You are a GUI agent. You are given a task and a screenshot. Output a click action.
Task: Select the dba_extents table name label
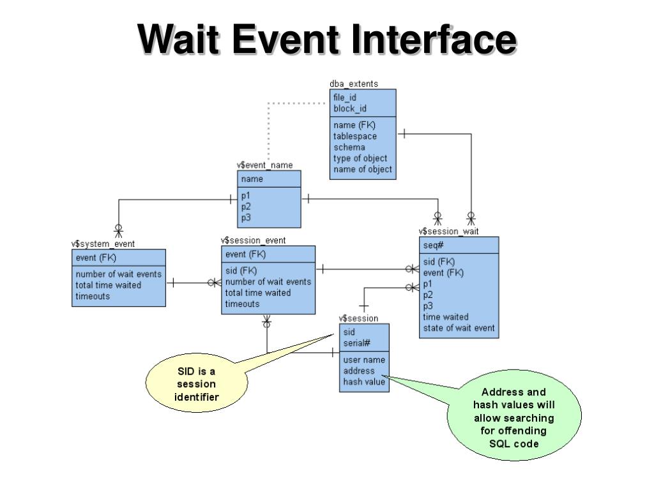coord(354,84)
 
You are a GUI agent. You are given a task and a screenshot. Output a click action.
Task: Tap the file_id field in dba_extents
coord(344,98)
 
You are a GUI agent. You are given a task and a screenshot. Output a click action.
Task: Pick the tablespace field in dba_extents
coord(354,137)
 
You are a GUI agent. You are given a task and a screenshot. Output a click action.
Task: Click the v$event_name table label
coord(265,165)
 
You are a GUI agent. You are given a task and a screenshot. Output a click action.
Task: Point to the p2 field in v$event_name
coord(246,207)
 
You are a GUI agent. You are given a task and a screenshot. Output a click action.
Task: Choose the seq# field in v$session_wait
coord(433,246)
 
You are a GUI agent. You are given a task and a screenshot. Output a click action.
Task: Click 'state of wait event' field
coord(459,328)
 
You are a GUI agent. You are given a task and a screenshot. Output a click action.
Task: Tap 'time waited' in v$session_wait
coord(445,317)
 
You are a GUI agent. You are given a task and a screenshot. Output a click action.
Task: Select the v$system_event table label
coord(103,244)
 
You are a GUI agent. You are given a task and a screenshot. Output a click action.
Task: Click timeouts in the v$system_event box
coord(93,296)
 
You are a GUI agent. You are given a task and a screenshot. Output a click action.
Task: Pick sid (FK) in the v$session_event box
coord(241,271)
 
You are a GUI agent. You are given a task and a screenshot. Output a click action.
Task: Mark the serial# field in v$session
coord(356,343)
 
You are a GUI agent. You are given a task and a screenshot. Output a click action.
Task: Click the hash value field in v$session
coord(363,382)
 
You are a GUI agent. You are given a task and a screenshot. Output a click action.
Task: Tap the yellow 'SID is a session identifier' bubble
coord(197,383)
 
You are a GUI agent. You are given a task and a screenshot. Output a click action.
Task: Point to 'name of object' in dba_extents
coord(363,170)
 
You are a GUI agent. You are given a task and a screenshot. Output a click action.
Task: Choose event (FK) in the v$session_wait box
coord(443,273)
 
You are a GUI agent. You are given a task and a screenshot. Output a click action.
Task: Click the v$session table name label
coord(358,318)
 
